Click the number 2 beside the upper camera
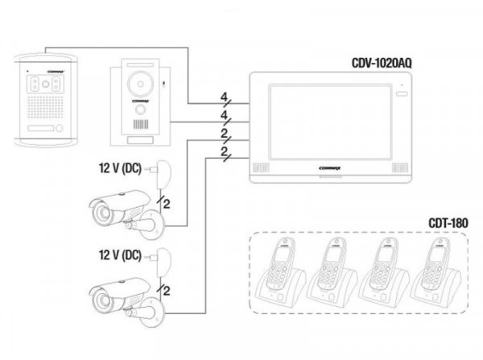(166, 205)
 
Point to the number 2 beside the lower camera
(166, 288)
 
